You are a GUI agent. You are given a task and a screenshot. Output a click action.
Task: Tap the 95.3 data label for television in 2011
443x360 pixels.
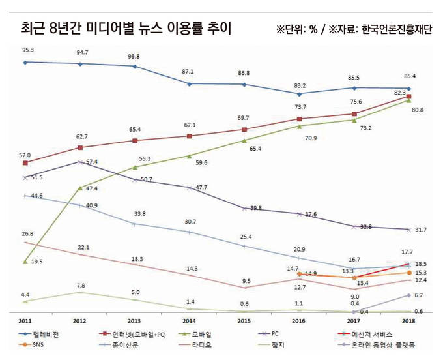[28, 50]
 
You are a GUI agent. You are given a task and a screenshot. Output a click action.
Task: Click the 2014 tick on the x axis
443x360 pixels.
[189, 321]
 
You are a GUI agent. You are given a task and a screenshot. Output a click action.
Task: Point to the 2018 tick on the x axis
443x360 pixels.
[408, 321]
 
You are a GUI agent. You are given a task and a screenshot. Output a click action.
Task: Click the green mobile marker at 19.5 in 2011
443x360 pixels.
[25, 262]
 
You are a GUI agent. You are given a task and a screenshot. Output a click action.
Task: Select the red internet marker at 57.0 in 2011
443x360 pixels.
[25, 163]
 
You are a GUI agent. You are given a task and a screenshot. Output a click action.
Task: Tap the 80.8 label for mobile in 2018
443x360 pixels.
[417, 110]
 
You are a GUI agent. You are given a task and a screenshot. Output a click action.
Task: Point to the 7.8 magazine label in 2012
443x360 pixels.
[80, 286]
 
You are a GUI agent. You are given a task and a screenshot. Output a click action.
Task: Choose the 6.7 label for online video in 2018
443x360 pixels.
[418, 295]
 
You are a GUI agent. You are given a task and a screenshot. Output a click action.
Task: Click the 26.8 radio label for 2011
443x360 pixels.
[27, 233]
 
